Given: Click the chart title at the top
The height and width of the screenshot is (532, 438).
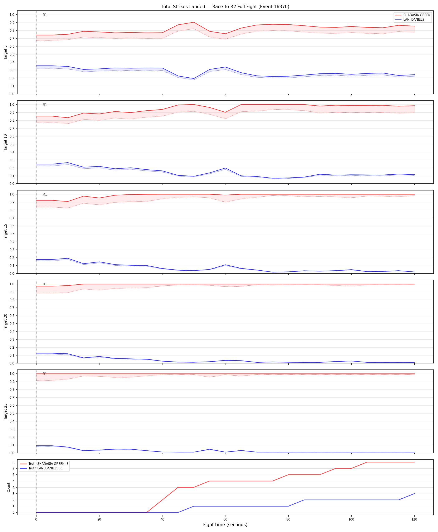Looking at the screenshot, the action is tap(225, 6).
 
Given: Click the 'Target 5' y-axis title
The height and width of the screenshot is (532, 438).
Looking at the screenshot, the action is tap(6, 52).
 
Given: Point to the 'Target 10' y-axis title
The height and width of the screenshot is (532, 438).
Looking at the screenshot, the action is tap(6, 142).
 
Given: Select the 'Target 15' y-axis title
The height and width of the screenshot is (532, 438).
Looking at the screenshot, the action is tap(6, 232).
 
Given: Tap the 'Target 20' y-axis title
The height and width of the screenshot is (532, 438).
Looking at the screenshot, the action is tap(6, 322).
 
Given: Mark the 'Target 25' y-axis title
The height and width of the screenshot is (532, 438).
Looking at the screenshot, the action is tap(6, 411).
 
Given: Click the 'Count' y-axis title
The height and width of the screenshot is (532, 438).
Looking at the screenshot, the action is tap(9, 487).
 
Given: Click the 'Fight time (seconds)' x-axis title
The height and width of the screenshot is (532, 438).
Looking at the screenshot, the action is tap(225, 525).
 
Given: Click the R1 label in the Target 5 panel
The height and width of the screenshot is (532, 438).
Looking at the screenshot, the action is tap(45, 15).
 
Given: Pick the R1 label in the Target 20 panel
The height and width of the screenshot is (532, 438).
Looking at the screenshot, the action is tap(45, 284).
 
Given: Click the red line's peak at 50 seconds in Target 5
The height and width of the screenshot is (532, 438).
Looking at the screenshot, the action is tap(194, 22).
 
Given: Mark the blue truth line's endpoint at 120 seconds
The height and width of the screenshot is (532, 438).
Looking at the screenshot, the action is tap(414, 494).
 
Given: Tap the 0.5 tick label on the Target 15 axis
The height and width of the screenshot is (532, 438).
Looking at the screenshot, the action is tap(12, 234).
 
